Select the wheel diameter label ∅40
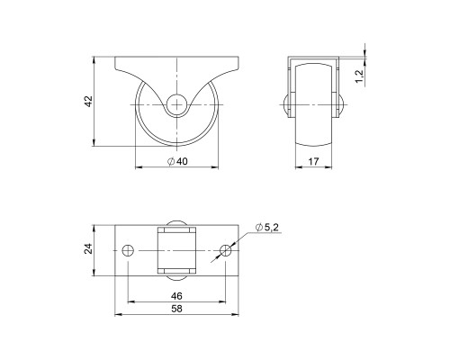pyautogui.click(x=177, y=162)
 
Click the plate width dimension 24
pyautogui.click(x=89, y=247)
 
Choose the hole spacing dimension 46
pyautogui.click(x=177, y=294)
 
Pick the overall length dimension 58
pyautogui.click(x=177, y=309)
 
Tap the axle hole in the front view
pyautogui.click(x=178, y=103)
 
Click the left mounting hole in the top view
pyautogui.click(x=128, y=247)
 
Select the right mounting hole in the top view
pyautogui.click(x=226, y=247)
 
